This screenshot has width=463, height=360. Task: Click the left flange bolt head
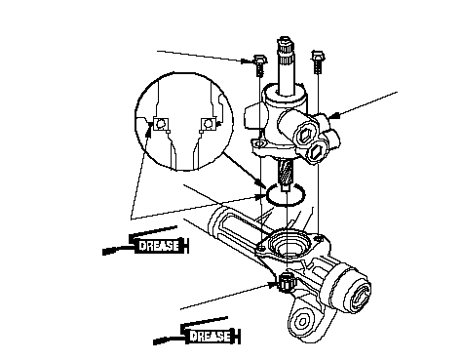click(259, 60)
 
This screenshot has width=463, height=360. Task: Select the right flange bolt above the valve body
click(318, 61)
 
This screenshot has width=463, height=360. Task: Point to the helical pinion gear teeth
click(286, 172)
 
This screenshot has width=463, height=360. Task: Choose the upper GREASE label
click(159, 245)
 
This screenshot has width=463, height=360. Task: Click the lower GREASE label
click(210, 336)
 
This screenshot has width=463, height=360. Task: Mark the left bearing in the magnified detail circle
click(161, 124)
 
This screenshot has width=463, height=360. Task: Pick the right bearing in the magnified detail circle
click(208, 124)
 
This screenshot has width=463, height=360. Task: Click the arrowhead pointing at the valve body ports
click(333, 115)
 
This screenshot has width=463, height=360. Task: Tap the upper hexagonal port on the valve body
click(304, 133)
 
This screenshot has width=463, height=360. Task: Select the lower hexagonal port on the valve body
click(316, 151)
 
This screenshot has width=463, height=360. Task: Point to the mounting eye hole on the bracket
click(302, 322)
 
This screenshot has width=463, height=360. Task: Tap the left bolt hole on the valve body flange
click(259, 143)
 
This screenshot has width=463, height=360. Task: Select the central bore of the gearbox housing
click(288, 250)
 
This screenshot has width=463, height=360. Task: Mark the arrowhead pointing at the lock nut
click(272, 285)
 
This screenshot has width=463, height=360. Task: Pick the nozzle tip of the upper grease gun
click(104, 252)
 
